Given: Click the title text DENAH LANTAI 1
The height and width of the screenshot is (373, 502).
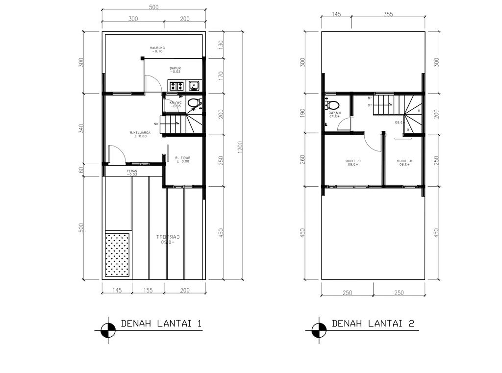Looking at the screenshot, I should pyautogui.click(x=161, y=324).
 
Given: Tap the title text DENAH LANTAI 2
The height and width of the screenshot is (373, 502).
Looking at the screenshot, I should pyautogui.click(x=373, y=324).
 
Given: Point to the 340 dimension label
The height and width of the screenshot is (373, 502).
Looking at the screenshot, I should pyautogui.click(x=81, y=128).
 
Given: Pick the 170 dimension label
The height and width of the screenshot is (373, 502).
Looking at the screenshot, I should pyautogui.click(x=221, y=75).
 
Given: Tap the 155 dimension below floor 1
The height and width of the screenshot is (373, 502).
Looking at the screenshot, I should pyautogui.click(x=148, y=291).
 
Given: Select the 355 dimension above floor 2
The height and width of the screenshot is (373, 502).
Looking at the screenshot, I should pyautogui.click(x=388, y=14).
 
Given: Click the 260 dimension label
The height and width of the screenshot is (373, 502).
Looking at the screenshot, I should pyautogui.click(x=302, y=160).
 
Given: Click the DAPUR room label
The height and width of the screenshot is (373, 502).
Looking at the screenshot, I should pyautogui.click(x=176, y=69).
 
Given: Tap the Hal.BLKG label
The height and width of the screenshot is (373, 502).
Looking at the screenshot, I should pyautogui.click(x=157, y=48).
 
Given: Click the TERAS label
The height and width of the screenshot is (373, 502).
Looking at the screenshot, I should pyautogui.click(x=132, y=171).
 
